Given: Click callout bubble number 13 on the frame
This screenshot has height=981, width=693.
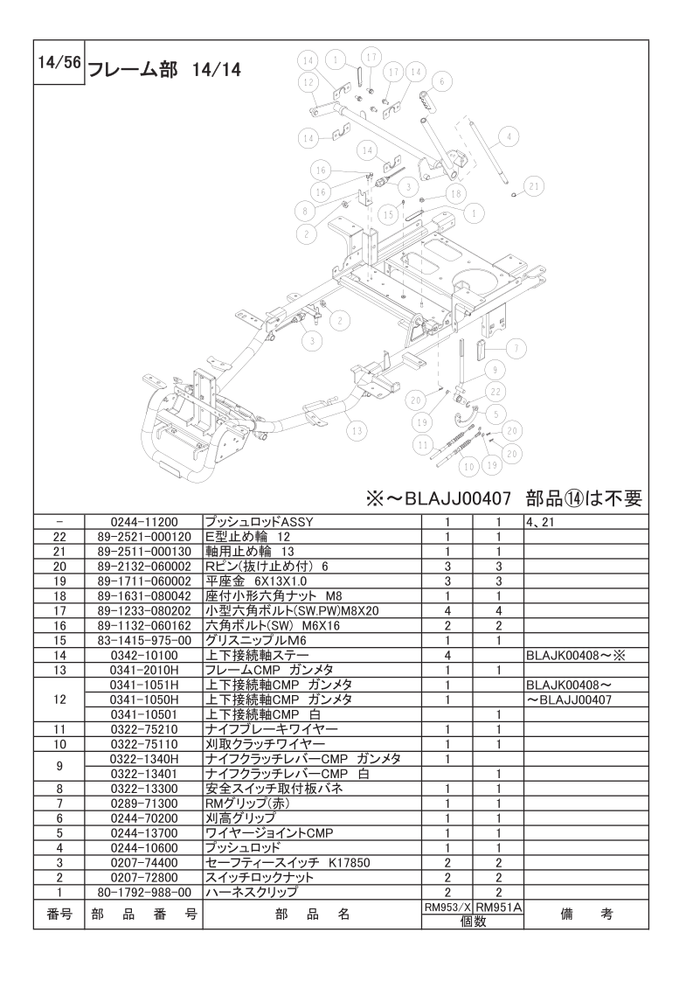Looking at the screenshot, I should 353,429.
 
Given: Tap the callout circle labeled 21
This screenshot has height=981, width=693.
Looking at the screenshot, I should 534,184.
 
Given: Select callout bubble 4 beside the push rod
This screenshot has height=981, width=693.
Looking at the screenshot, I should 509,136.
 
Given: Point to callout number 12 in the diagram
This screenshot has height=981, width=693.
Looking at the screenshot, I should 308,81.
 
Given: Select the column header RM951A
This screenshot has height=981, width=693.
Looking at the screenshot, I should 497,908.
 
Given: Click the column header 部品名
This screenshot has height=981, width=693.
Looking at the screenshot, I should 311,915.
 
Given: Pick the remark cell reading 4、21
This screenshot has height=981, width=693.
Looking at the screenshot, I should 541,521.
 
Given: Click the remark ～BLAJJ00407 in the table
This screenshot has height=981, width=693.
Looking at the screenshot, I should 568,699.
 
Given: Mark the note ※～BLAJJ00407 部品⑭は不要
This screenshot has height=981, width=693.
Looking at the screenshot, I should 504,498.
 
